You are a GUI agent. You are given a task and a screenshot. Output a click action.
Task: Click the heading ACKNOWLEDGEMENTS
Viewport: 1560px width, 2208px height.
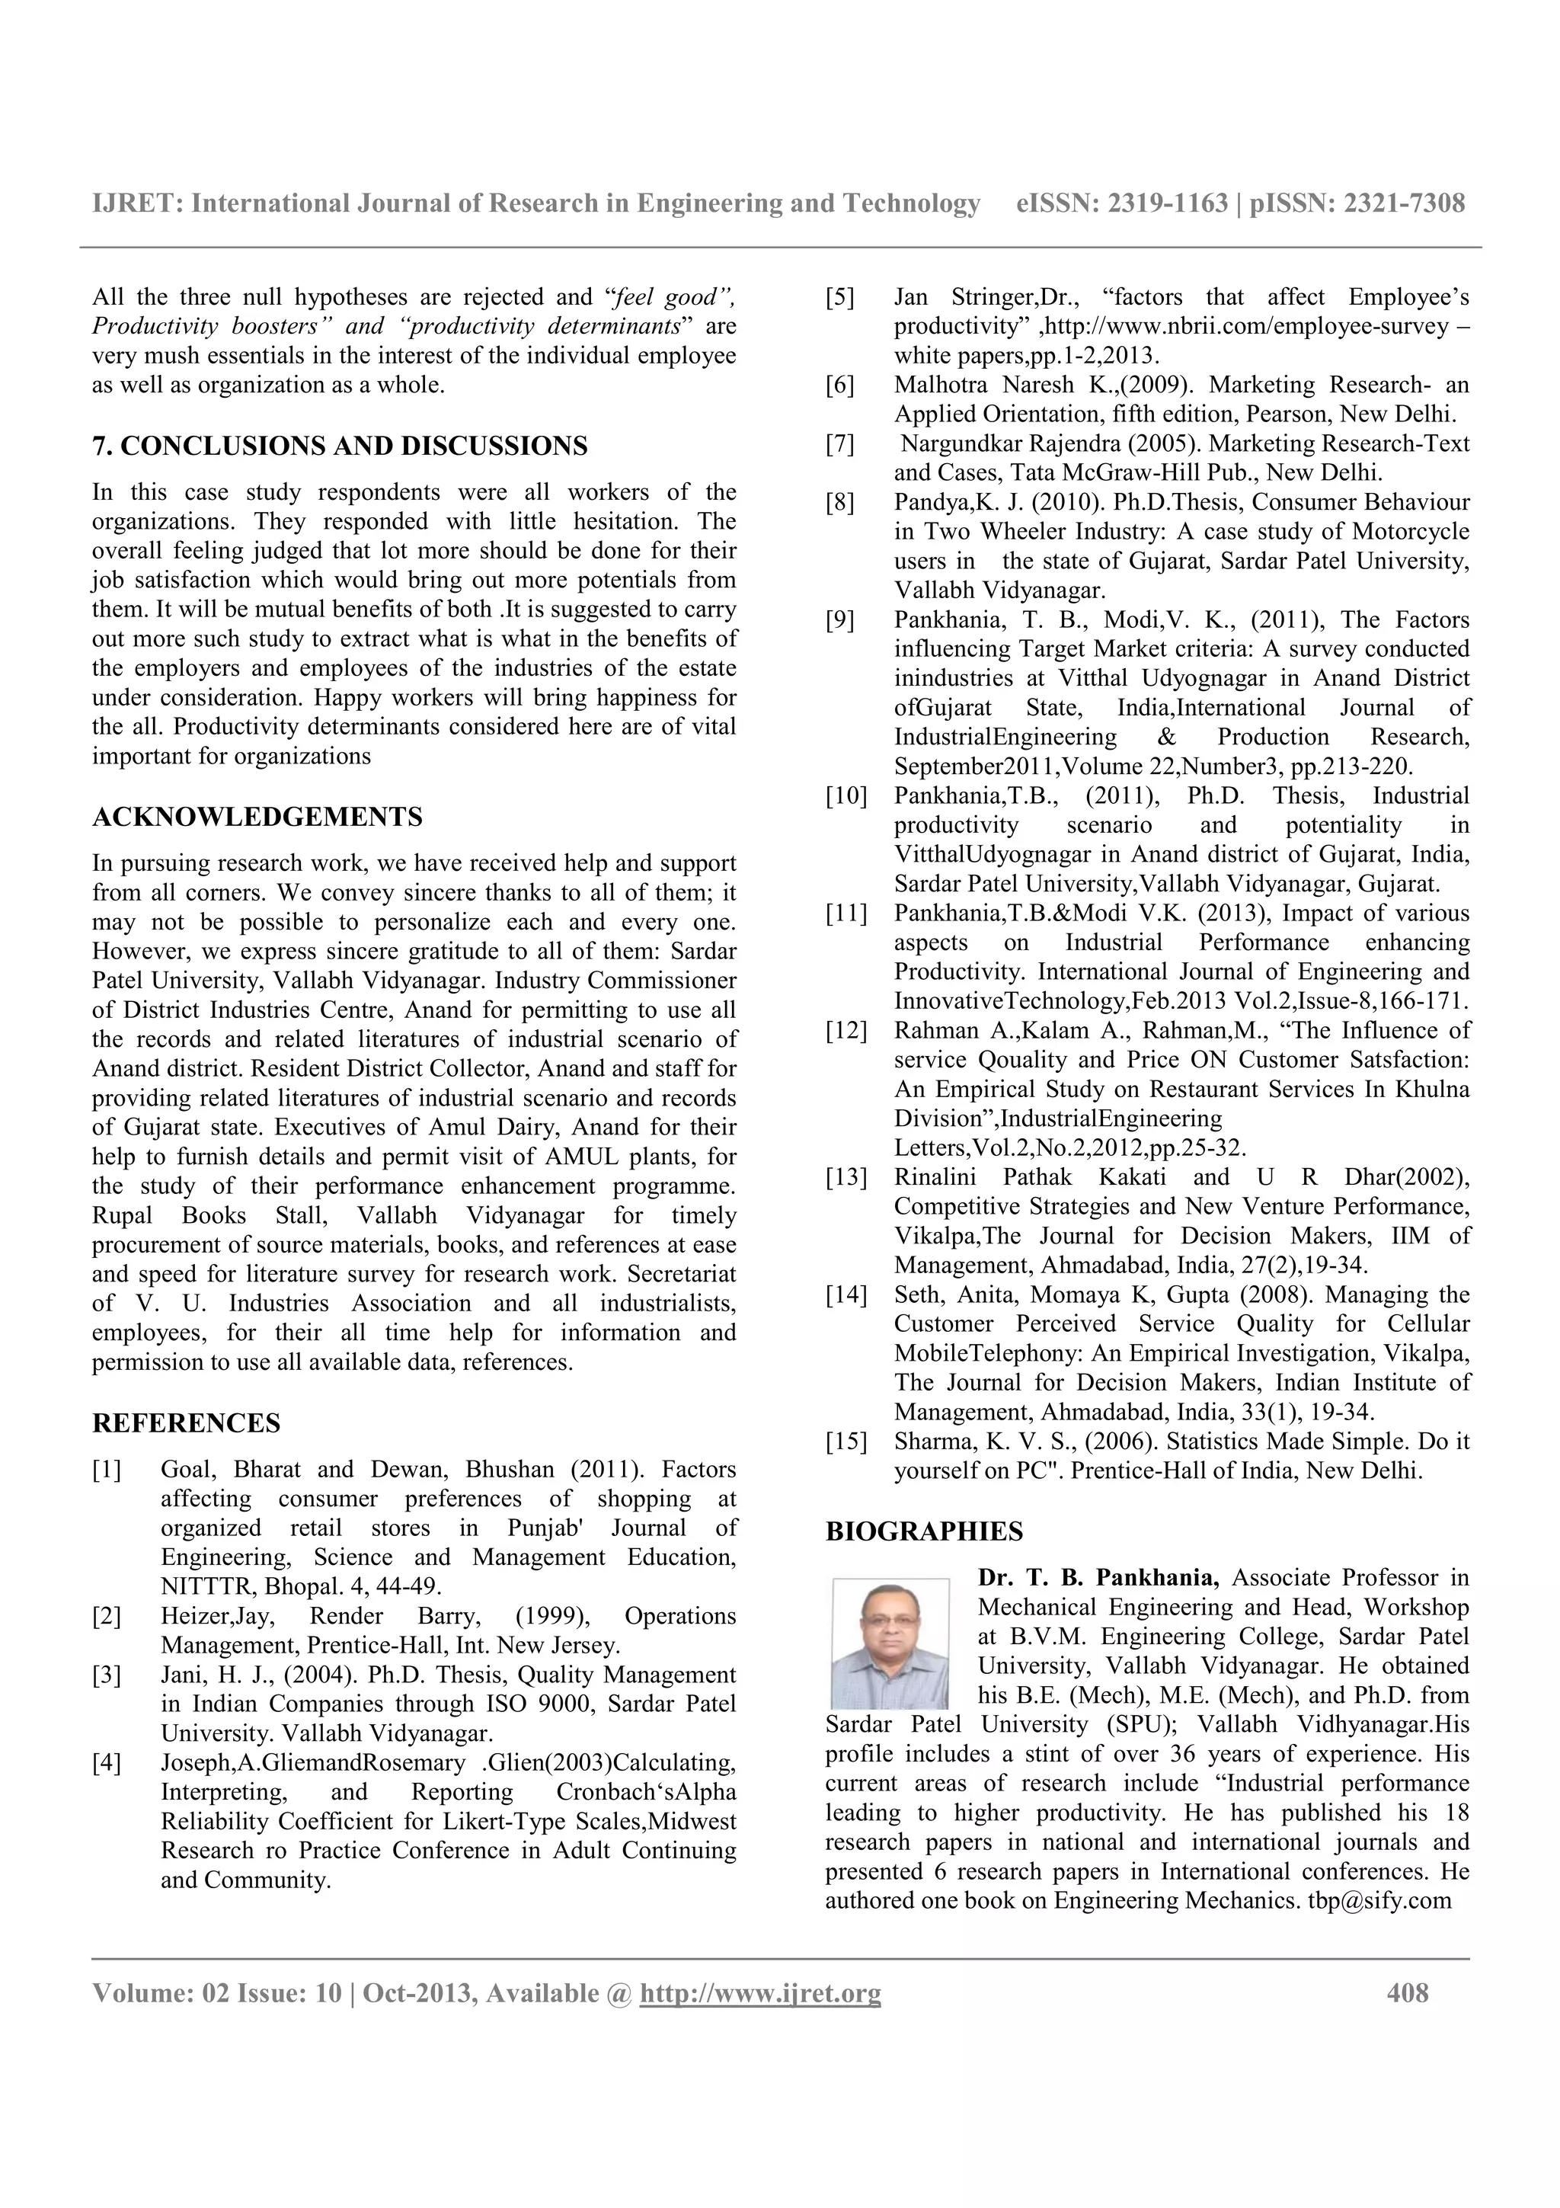pyautogui.click(x=257, y=818)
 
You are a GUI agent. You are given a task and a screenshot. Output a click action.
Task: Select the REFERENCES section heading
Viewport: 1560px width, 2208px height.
pyautogui.click(x=187, y=1423)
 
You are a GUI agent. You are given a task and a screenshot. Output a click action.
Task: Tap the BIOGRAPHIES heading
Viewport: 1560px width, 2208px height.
pyautogui.click(x=924, y=1531)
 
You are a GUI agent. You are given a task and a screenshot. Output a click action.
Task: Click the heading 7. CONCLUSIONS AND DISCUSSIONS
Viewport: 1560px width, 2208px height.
pyautogui.click(x=339, y=446)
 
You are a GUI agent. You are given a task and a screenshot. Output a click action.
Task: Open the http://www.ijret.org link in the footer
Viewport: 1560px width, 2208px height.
pyautogui.click(x=759, y=1994)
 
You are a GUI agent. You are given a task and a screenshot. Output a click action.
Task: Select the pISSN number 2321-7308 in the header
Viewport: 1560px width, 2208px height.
pyautogui.click(x=1405, y=203)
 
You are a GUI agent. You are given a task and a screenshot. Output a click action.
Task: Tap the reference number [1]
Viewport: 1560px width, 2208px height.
pyautogui.click(x=107, y=1470)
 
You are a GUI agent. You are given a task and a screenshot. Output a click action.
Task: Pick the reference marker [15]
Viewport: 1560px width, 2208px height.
pyautogui.click(x=846, y=1442)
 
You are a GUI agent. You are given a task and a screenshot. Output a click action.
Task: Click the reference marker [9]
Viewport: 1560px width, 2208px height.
pyautogui.click(x=840, y=620)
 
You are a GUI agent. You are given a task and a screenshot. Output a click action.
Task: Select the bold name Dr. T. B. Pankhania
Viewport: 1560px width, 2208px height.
pyautogui.click(x=1098, y=1578)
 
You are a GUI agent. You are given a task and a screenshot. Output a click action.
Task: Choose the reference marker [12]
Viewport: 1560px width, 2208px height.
pyautogui.click(x=846, y=1031)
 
